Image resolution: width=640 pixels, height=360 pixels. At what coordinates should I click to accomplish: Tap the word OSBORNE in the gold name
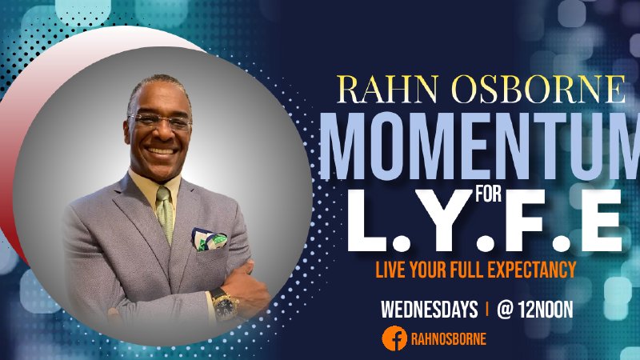coord(528,90)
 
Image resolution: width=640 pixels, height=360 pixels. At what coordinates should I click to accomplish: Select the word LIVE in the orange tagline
coord(392,270)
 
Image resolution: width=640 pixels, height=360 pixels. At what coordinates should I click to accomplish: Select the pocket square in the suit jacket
coord(209,239)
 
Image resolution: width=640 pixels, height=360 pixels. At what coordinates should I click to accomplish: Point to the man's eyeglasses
coord(161,122)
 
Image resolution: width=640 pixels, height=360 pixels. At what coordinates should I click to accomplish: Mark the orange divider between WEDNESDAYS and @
coord(487,310)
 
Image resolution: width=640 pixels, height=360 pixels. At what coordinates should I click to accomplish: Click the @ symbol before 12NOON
coord(505,310)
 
